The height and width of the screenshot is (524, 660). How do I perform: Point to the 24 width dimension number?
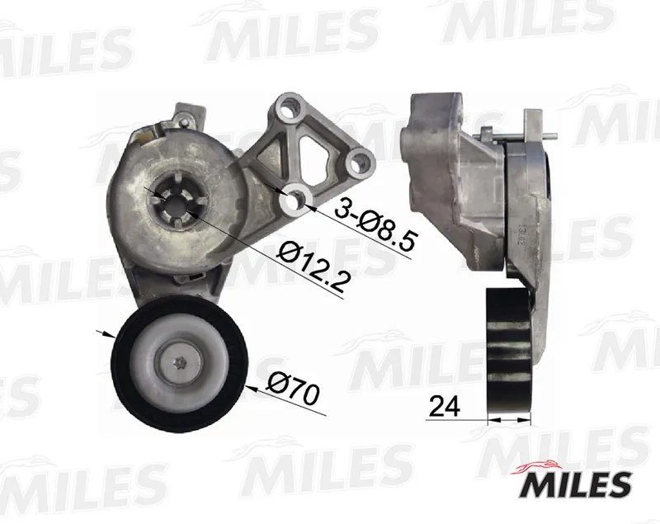445,407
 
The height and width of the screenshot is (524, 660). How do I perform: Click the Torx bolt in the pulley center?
181,361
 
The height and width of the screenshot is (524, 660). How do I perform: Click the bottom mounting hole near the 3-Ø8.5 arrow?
296,199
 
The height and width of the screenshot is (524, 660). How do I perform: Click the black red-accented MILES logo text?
577,484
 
